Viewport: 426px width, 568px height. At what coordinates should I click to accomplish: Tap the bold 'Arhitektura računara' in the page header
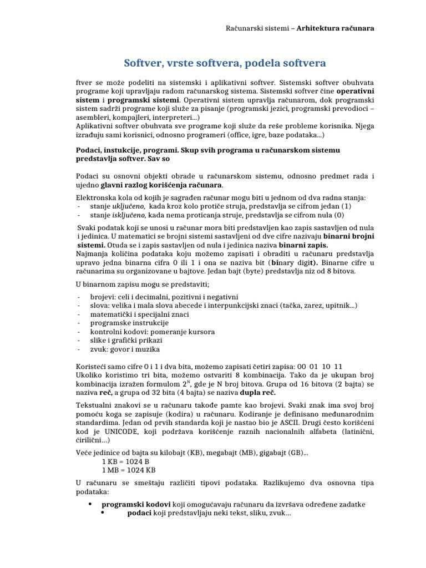336,28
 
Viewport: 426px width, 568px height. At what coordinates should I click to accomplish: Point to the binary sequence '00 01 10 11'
321,367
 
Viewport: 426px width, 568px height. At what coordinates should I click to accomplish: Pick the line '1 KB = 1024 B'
126,461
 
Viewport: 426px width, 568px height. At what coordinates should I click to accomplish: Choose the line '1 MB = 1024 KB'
129,470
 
